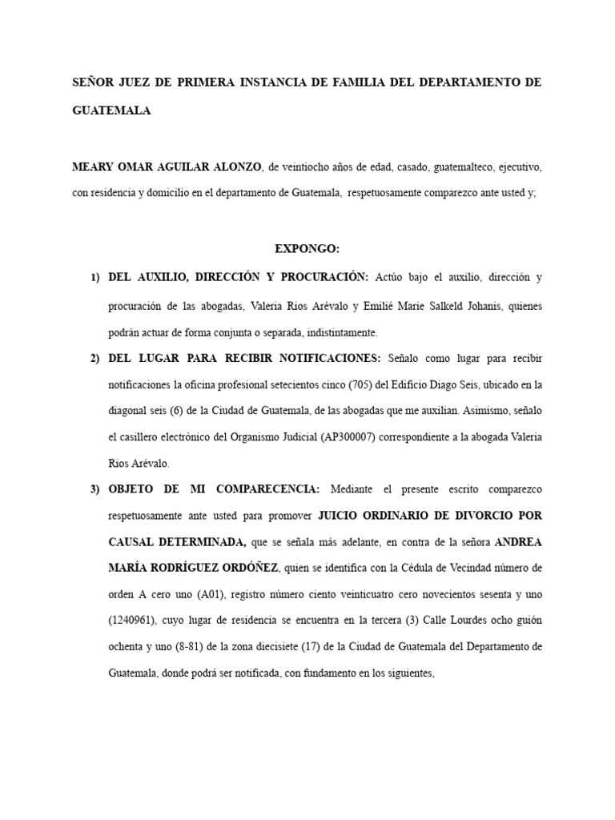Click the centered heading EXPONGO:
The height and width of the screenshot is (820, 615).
[307, 249]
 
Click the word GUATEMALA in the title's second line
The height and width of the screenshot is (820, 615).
[111, 112]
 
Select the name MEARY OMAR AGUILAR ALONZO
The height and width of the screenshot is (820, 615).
[167, 167]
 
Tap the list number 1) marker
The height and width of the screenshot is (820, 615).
[95, 277]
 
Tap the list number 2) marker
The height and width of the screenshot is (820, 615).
[95, 357]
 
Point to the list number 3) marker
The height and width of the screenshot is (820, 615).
[95, 489]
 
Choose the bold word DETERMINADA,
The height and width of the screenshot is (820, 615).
[178, 542]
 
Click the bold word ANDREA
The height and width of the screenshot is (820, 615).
[519, 542]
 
